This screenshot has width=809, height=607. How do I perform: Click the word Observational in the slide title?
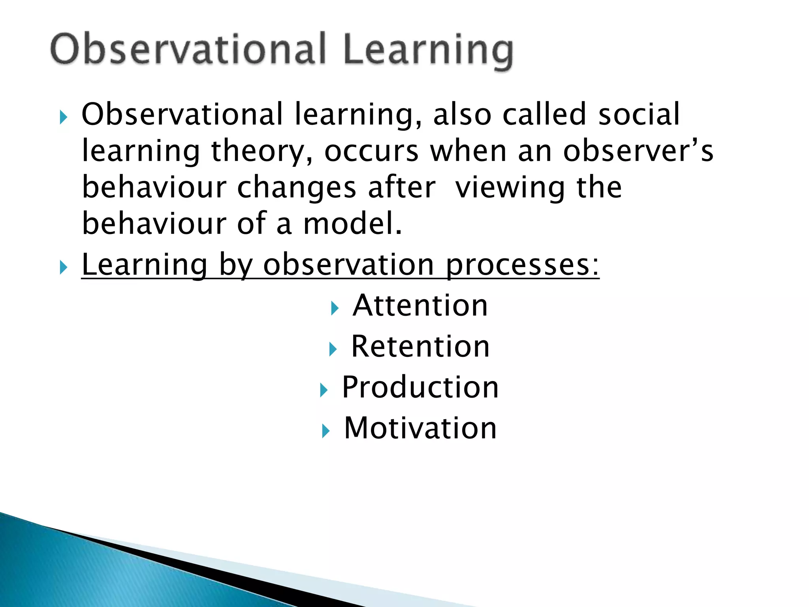pyautogui.click(x=188, y=49)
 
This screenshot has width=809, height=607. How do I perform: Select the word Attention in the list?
pyautogui.click(x=420, y=306)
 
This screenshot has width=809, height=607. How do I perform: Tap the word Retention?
pyautogui.click(x=420, y=347)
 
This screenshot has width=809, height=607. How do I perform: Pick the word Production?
pyautogui.click(x=420, y=388)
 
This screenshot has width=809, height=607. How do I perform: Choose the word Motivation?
pyautogui.click(x=420, y=428)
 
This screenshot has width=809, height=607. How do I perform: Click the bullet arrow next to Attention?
pyautogui.click(x=335, y=308)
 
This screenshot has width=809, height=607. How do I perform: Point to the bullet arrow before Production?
pyautogui.click(x=324, y=390)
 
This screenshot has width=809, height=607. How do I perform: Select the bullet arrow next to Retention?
pyautogui.click(x=333, y=349)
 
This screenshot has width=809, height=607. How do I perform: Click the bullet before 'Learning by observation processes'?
pyautogui.click(x=63, y=268)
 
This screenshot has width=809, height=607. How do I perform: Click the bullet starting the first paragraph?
pyautogui.click(x=63, y=117)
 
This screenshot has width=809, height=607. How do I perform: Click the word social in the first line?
pyautogui.click(x=639, y=115)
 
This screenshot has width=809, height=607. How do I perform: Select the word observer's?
pyautogui.click(x=638, y=151)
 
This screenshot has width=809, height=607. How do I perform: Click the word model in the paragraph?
pyautogui.click(x=352, y=224)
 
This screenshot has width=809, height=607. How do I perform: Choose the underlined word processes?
pyautogui.click(x=522, y=265)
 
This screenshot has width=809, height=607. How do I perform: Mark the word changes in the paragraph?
pyautogui.click(x=297, y=188)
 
